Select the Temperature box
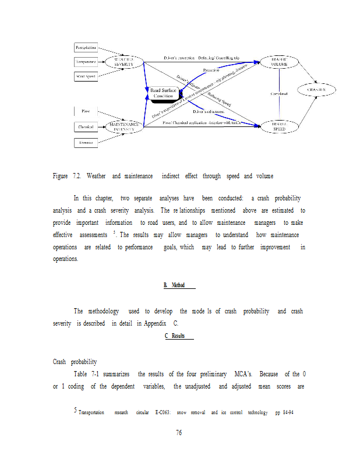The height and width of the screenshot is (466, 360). click(86, 61)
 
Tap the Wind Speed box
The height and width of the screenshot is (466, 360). click(86, 76)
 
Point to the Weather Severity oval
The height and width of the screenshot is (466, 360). click(124, 61)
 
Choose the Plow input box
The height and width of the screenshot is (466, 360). click(86, 111)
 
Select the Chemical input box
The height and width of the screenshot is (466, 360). click(86, 126)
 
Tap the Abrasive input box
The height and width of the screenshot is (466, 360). click(86, 142)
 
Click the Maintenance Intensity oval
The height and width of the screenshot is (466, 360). click(124, 126)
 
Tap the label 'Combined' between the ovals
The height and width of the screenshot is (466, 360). click(279, 93)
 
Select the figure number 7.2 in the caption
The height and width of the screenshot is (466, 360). click(79, 176)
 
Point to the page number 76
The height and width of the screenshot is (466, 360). click(179, 432)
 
